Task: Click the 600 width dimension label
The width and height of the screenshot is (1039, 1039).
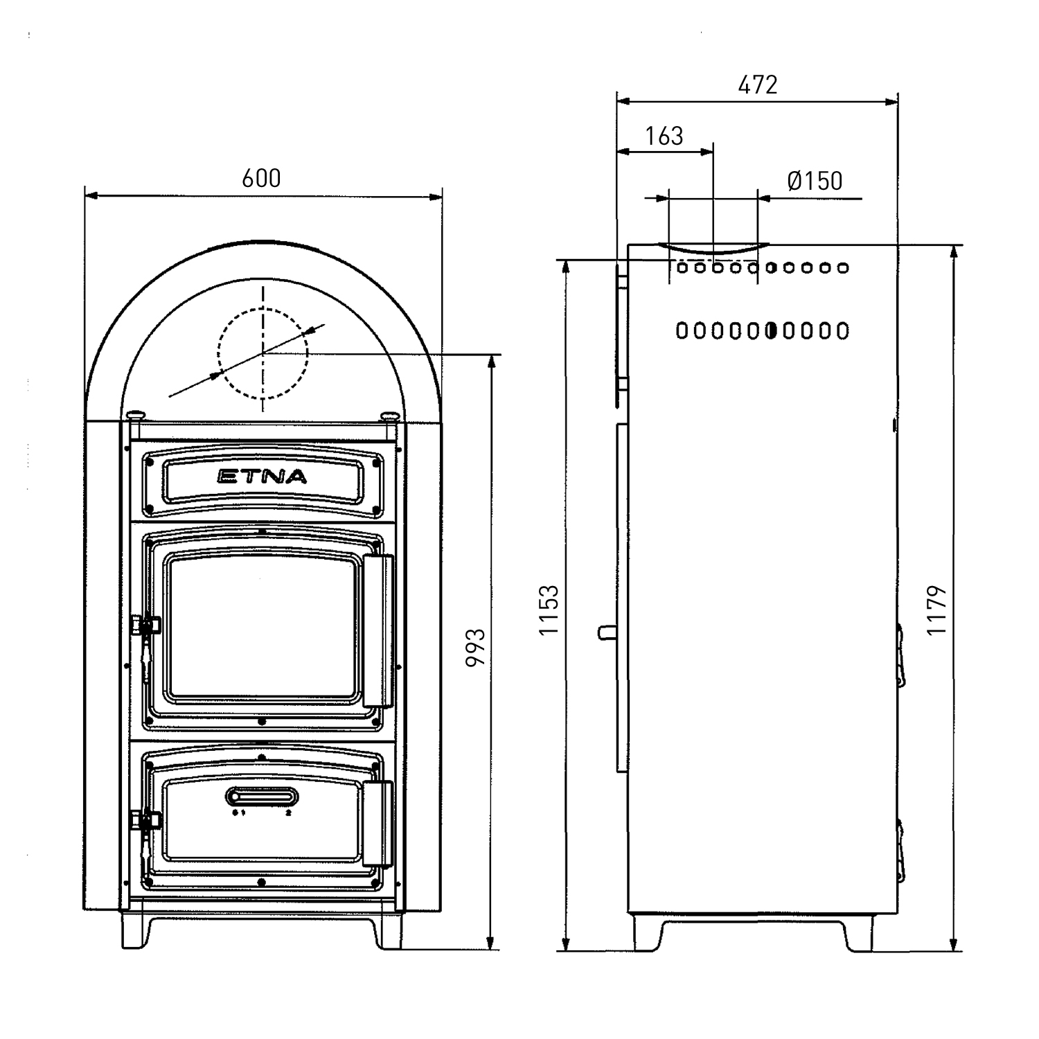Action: [262, 179]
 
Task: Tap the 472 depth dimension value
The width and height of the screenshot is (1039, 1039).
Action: [758, 85]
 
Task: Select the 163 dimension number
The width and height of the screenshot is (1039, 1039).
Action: [664, 136]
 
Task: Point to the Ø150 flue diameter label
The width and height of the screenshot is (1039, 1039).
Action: [815, 181]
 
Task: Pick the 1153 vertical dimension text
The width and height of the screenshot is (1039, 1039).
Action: [549, 610]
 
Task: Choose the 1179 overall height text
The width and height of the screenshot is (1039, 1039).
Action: [936, 610]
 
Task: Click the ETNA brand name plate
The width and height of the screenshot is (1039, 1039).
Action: [262, 477]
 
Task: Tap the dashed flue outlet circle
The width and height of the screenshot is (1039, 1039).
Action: [263, 353]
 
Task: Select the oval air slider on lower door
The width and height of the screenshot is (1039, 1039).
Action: [262, 797]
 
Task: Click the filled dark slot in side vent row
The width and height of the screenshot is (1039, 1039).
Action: [771, 331]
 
